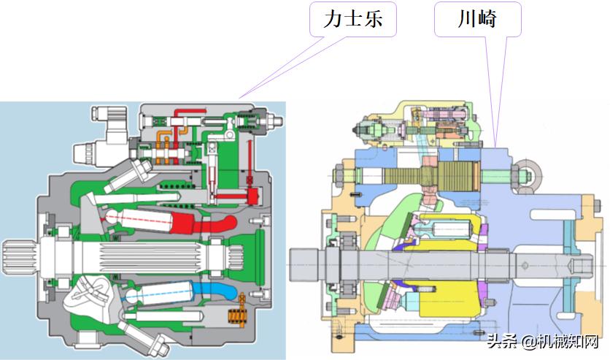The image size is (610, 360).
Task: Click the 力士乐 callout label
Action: click(x=353, y=20)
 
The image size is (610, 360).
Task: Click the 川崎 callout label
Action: click(x=477, y=20)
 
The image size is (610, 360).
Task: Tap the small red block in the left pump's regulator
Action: click(x=252, y=196)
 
